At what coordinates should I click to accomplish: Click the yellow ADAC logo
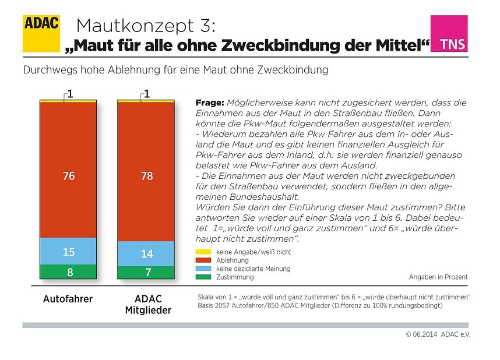coord(41,33)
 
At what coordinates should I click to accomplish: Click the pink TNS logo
coord(449,34)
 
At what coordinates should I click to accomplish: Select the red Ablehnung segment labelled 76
coord(68,169)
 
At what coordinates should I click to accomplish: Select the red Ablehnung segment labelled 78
coord(146,171)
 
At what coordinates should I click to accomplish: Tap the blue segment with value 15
coord(68,251)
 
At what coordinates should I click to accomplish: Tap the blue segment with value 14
coord(146,253)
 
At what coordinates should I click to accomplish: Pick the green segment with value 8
coord(68,272)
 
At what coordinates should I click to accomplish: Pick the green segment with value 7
coord(146,273)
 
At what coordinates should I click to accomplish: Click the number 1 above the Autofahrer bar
coord(69,93)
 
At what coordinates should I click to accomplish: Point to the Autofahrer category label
coord(68,299)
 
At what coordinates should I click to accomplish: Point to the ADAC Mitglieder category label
coord(148,305)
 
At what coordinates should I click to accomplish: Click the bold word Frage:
coord(209,103)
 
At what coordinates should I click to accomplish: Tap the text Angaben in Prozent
coord(438,277)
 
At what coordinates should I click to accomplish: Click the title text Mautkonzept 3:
coord(146,26)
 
